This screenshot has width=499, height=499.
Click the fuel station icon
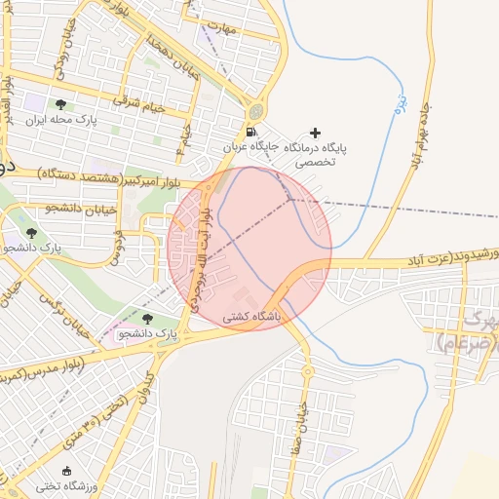pyautogui.click(x=253, y=133)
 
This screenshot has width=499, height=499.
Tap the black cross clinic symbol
pyautogui.click(x=314, y=133)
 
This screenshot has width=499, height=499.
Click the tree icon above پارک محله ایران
pyautogui.click(x=61, y=104)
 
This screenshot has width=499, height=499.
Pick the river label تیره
pyautogui.click(x=400, y=103)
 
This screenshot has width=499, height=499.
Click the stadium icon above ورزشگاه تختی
pyautogui.click(x=66, y=472)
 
